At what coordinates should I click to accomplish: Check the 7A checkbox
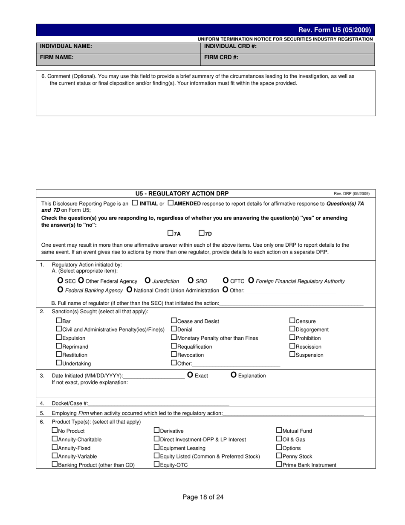[170, 233]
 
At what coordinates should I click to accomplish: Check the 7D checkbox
[201, 233]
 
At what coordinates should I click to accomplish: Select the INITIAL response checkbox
[135, 203]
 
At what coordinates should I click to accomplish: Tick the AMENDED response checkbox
[171, 203]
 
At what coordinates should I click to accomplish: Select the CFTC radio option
[226, 281]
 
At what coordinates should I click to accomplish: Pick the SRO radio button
[191, 281]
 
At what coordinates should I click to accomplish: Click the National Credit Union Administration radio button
[129, 290]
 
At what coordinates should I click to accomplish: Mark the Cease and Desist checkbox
[174, 321]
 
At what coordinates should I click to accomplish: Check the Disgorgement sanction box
[292, 329]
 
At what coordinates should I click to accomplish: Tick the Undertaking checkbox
[59, 363]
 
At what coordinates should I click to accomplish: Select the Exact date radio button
[191, 375]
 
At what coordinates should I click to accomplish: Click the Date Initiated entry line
[154, 376]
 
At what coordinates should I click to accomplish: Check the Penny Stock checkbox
[279, 456]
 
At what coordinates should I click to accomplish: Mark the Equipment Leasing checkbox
[156, 447]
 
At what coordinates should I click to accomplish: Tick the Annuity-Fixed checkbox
[54, 447]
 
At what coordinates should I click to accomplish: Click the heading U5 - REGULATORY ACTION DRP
[182, 193]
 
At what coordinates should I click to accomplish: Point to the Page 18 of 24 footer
[203, 497]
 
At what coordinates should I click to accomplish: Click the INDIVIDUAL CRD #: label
[230, 46]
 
